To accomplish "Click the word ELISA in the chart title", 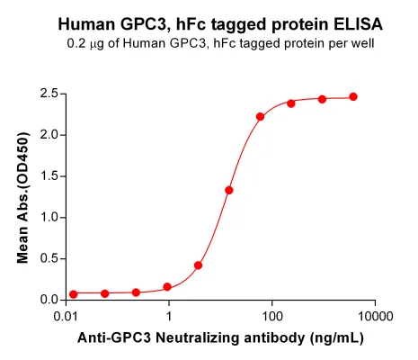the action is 358,24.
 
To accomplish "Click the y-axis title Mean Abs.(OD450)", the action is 23,198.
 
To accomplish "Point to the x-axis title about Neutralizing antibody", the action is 220,337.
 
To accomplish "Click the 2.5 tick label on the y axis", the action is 49,94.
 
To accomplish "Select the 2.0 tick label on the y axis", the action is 49,135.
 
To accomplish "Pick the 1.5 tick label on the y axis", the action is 49,176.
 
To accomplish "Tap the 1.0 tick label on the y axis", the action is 49,217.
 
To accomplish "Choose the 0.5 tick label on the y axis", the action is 49,258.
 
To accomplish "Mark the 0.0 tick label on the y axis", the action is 49,300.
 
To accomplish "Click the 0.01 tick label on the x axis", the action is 67,317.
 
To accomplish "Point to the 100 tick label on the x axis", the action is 272,317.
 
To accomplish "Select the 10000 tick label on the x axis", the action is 375,317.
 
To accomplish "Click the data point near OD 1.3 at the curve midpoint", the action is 229,190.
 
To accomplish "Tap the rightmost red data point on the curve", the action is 353,96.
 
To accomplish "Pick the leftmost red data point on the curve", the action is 74,294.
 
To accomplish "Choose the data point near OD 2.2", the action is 260,117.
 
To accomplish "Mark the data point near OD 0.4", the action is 198,265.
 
